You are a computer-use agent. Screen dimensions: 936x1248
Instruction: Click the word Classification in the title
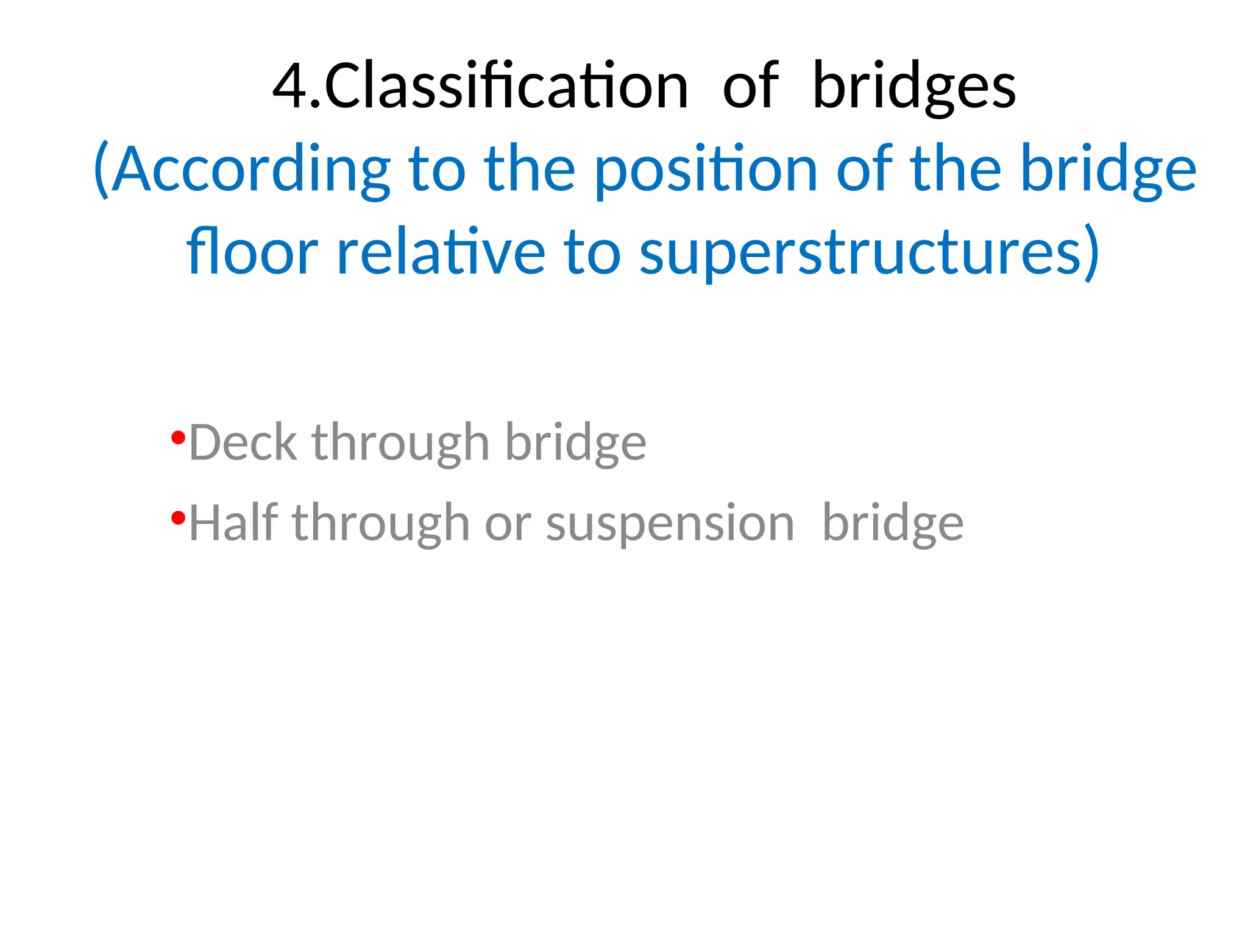click(506, 86)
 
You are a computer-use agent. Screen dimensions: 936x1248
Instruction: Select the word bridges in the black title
click(914, 86)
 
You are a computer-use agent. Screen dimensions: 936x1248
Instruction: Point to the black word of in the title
click(750, 86)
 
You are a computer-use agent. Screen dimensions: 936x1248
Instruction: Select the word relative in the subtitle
click(440, 251)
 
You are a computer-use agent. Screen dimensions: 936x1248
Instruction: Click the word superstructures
click(860, 251)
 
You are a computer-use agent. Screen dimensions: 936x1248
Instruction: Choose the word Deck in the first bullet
click(243, 442)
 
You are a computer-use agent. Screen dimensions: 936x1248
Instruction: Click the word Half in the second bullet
click(233, 523)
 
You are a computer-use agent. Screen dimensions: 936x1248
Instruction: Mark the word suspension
click(670, 523)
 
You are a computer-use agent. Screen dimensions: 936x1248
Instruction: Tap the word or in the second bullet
click(508, 523)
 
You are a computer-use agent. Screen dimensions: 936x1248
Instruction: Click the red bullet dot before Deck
click(178, 437)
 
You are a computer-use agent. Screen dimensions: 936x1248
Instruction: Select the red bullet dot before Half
click(178, 518)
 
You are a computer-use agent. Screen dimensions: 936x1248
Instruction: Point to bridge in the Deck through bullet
click(576, 442)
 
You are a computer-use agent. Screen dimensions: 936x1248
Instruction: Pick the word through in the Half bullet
click(381, 523)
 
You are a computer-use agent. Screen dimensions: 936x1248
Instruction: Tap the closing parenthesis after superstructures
click(1092, 251)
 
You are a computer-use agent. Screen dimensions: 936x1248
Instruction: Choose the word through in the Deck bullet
click(400, 442)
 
